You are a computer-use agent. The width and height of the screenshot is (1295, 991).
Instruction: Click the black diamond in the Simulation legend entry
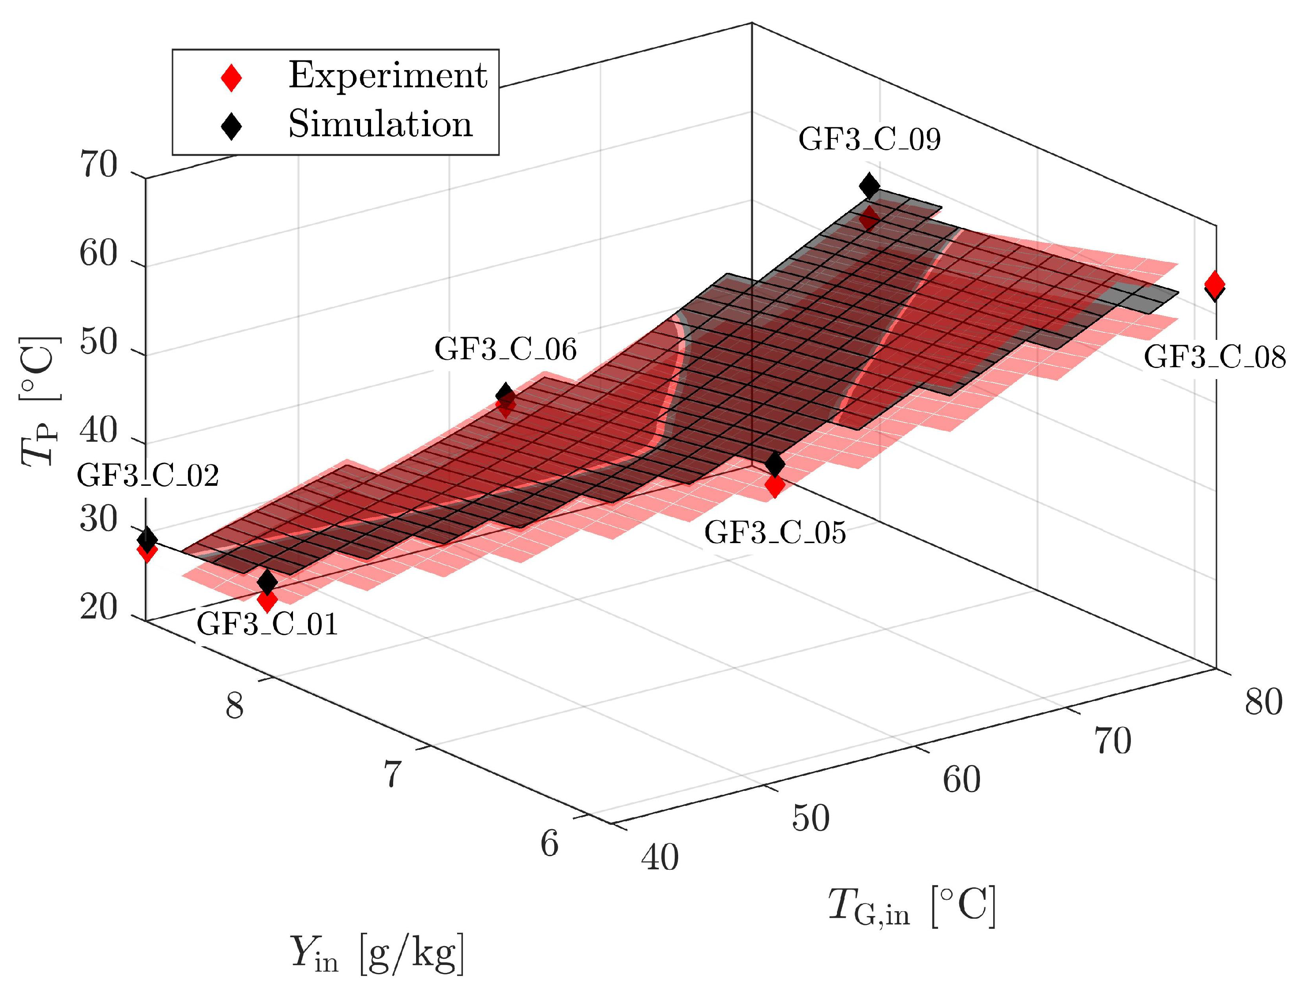(231, 125)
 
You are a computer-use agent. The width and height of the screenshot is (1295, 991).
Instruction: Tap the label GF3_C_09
(869, 140)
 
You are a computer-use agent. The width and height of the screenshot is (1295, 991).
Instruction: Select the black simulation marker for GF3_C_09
(869, 186)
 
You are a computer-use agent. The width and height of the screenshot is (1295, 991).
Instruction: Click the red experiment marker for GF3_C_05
(774, 486)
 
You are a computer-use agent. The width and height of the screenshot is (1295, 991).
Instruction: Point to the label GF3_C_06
(505, 349)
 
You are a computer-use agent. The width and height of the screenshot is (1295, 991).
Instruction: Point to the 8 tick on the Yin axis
(234, 705)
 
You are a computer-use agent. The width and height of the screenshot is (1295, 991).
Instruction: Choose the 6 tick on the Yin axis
(549, 843)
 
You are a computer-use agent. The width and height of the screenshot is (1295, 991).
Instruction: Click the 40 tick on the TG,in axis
(660, 858)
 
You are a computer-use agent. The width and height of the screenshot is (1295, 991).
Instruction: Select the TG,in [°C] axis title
(912, 905)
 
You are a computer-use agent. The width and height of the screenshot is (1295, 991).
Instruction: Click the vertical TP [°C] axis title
(40, 401)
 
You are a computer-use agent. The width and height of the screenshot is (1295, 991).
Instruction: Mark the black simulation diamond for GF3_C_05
(774, 464)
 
